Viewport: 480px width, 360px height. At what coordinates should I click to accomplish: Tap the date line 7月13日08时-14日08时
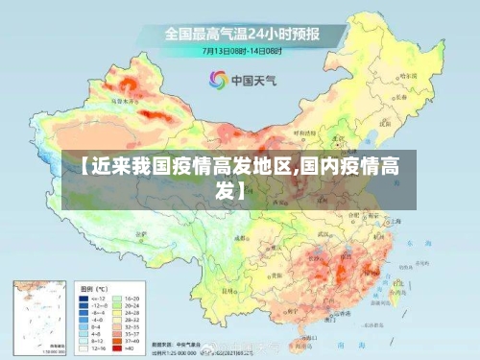pyautogui.click(x=243, y=50)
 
